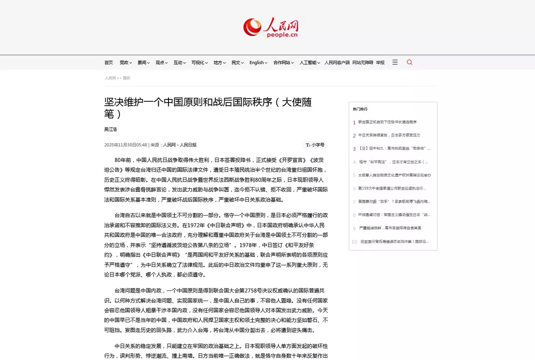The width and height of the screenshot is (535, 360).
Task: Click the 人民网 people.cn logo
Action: pyautogui.click(x=271, y=27)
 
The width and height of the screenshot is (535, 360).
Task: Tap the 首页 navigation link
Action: pyautogui.click(x=108, y=63)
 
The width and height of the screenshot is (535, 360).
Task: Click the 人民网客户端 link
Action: pyautogui.click(x=337, y=63)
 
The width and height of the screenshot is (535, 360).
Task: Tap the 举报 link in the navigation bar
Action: pyautogui.click(x=380, y=63)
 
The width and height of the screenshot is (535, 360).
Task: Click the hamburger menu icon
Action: pyautogui.click(x=395, y=62)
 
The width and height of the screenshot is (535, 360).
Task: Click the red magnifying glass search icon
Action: pyautogui.click(x=409, y=62)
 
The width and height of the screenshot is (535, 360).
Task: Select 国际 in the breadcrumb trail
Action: pyautogui.click(x=127, y=78)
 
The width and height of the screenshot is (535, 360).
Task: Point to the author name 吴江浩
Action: pyautogui.click(x=111, y=129)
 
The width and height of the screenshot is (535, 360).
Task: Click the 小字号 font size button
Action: pyautogui.click(x=316, y=145)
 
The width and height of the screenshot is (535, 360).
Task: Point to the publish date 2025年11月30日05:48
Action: pyautogui.click(x=126, y=145)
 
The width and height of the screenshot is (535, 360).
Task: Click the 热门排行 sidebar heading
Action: pyautogui.click(x=360, y=109)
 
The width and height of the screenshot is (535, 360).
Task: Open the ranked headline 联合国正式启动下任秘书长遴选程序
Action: pyautogui.click(x=387, y=122)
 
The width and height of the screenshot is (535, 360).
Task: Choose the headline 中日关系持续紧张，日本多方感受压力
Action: pyautogui.click(x=389, y=135)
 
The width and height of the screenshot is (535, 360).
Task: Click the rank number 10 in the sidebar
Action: pyautogui.click(x=354, y=242)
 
